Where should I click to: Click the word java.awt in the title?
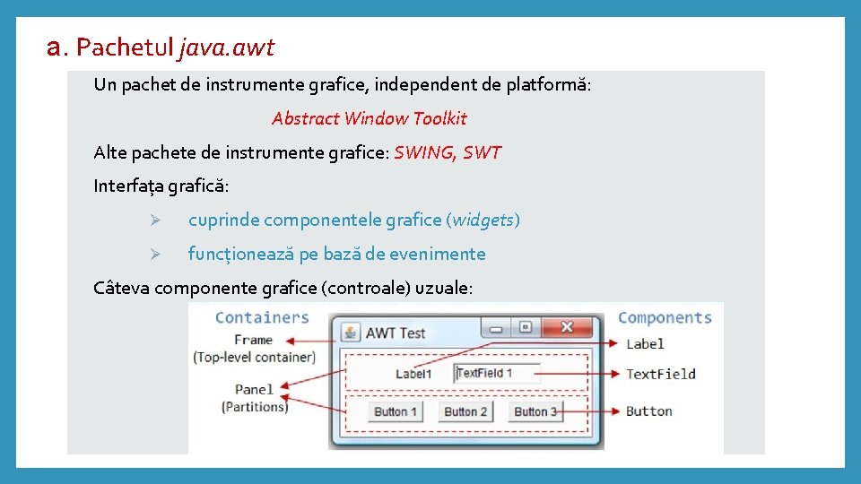coord(227,47)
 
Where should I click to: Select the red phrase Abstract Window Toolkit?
coord(369,118)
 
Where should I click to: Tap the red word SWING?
coord(423,152)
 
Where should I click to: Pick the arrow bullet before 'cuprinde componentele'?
coord(154,220)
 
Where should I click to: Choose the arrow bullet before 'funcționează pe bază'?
coord(154,255)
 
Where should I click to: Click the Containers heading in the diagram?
coord(262,317)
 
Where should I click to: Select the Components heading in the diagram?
coord(665,317)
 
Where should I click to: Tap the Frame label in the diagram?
coord(253,340)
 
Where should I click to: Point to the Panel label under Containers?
coord(254,389)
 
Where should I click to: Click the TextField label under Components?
coord(661,374)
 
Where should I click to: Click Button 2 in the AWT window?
coord(465,411)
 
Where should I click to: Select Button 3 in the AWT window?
coord(535,411)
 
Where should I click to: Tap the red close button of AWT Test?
coord(567,327)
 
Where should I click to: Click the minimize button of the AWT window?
coord(495,328)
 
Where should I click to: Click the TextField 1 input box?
coord(497,373)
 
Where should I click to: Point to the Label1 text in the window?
coord(413,374)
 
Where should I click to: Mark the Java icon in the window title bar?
coord(350,333)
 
